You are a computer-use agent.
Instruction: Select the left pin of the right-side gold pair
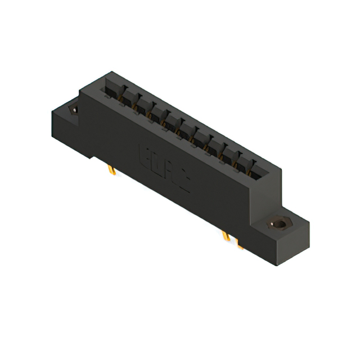pos(226,236)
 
